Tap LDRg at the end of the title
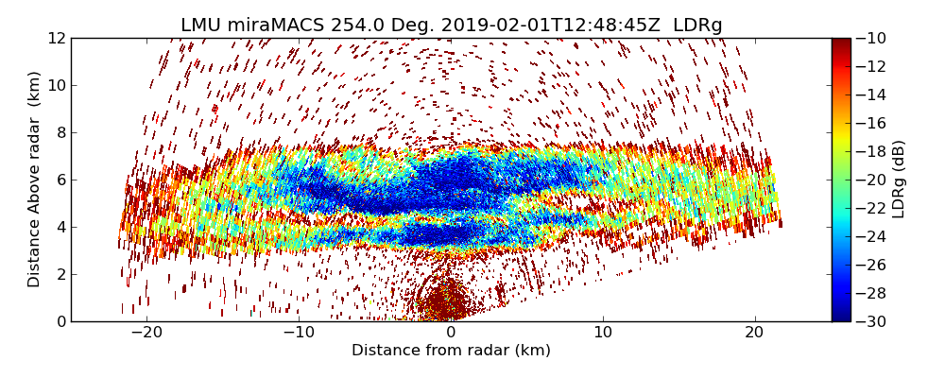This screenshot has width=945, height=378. click(697, 26)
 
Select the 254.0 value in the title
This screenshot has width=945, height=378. click(356, 26)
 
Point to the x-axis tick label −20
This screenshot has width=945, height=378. click(146, 333)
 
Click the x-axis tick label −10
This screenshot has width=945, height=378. click(299, 333)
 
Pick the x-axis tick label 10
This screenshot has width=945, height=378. click(603, 333)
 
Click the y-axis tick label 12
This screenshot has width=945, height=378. click(57, 39)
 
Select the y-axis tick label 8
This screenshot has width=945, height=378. click(60, 133)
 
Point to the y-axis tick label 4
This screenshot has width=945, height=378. click(60, 228)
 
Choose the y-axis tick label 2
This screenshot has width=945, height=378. click(60, 275)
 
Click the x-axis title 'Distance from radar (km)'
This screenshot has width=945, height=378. click(451, 351)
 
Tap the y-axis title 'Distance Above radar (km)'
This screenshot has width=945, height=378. click(35, 180)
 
